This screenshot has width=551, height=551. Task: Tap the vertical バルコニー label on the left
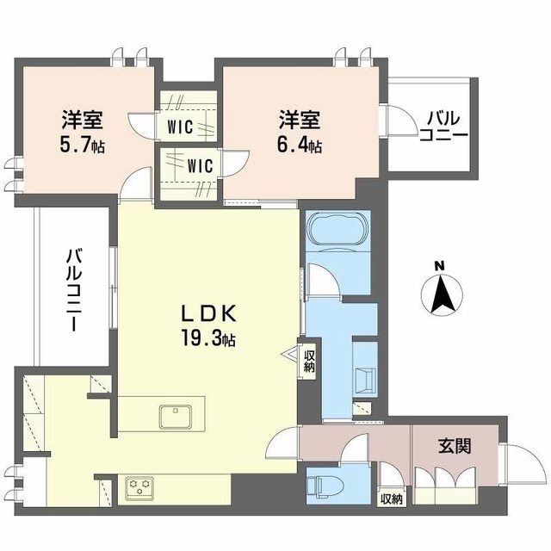coord(73,291)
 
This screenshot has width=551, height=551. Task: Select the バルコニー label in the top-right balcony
coord(443,127)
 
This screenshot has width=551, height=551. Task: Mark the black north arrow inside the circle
coord(439,295)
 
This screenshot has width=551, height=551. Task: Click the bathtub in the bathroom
coord(339,231)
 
